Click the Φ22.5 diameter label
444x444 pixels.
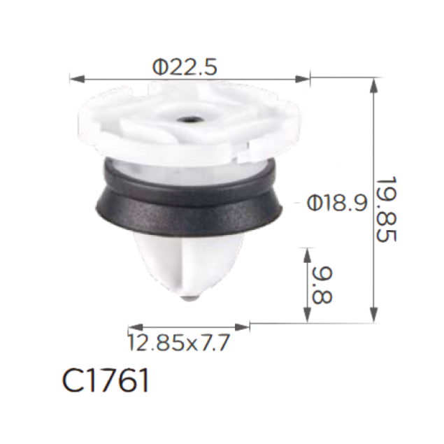tap(185, 67)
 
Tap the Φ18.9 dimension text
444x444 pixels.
tap(337, 203)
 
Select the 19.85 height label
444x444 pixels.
tap(387, 209)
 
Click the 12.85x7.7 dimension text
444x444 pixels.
tap(179, 343)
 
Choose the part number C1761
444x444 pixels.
tap(106, 380)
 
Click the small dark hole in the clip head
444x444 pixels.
tap(188, 121)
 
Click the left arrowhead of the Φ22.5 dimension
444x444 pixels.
tap(77, 79)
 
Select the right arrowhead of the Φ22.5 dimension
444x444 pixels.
tap(303, 79)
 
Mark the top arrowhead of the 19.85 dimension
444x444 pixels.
tap(374, 85)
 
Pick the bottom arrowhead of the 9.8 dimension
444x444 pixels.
tap(307, 315)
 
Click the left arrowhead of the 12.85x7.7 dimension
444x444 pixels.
tap(136, 327)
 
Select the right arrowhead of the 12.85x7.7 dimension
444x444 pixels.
tap(243, 327)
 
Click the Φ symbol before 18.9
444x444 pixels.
tap(314, 203)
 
